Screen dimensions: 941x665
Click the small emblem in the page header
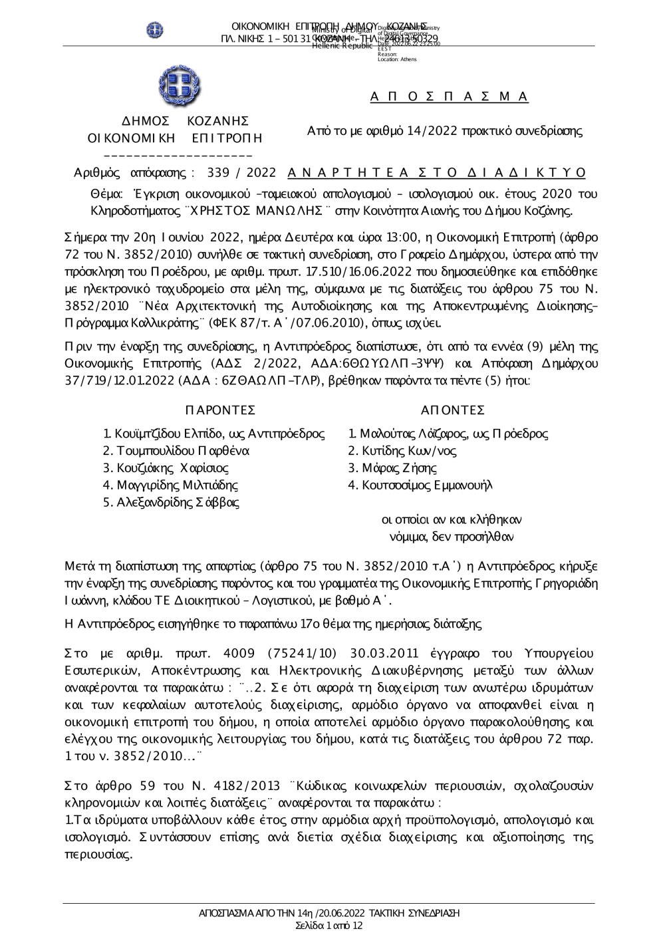point(155,29)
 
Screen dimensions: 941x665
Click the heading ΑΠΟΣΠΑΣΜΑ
point(450,97)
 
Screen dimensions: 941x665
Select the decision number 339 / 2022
point(241,173)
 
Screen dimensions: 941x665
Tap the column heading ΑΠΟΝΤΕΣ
point(453,410)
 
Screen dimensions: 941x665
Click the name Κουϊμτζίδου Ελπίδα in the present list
point(176,434)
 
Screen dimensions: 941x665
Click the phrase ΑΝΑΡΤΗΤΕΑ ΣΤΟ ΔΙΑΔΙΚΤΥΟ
point(437,173)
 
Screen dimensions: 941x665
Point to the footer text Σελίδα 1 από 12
point(329,925)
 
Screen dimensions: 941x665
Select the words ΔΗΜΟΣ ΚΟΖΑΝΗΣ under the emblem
point(176,121)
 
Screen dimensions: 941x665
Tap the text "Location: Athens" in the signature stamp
point(397,60)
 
